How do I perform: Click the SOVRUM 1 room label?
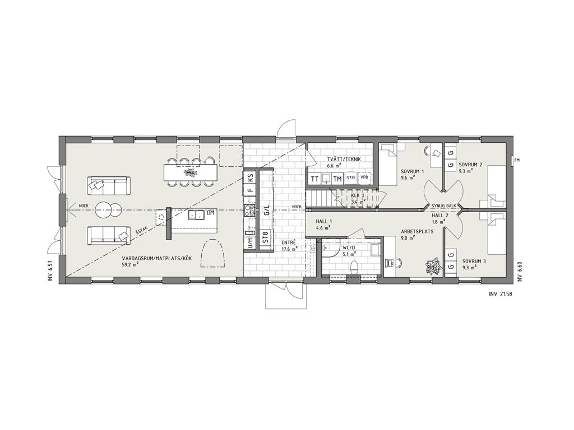click(412, 171)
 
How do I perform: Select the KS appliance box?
click(251, 179)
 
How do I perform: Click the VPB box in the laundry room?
click(364, 178)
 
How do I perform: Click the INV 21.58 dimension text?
click(500, 293)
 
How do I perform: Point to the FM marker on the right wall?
click(517, 160)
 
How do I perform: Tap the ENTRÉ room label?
click(289, 242)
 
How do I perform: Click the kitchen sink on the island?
click(197, 215)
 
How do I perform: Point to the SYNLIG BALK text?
click(444, 206)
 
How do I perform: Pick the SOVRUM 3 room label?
click(474, 261)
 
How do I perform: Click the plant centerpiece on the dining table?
click(189, 171)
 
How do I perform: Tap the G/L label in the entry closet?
click(267, 211)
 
